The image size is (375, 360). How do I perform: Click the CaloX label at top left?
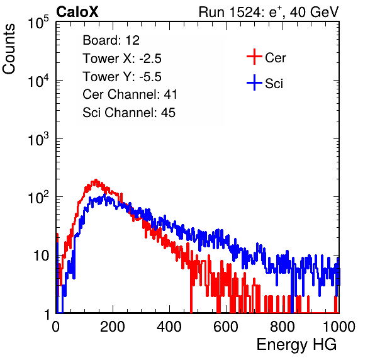(x=77, y=12)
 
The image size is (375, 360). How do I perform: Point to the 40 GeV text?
(x=315, y=12)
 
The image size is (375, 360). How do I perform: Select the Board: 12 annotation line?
(x=111, y=40)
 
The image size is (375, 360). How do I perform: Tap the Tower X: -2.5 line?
(x=122, y=59)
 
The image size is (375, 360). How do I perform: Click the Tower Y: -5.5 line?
(x=122, y=77)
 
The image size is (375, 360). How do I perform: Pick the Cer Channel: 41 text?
(x=130, y=94)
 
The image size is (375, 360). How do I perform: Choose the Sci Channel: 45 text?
(x=129, y=113)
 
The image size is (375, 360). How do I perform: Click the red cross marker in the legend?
(x=254, y=57)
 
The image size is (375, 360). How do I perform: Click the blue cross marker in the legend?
(x=254, y=83)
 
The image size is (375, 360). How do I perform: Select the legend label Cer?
(x=275, y=58)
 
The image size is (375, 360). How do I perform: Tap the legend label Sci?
(x=274, y=84)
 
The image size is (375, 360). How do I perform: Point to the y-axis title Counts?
(x=9, y=49)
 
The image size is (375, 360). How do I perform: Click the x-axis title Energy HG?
(x=296, y=345)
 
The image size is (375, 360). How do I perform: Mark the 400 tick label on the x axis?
(x=169, y=327)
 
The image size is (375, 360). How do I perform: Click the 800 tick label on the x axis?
(x=283, y=327)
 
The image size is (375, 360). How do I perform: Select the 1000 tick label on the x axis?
(x=339, y=327)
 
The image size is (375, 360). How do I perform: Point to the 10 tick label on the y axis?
(x=41, y=256)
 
